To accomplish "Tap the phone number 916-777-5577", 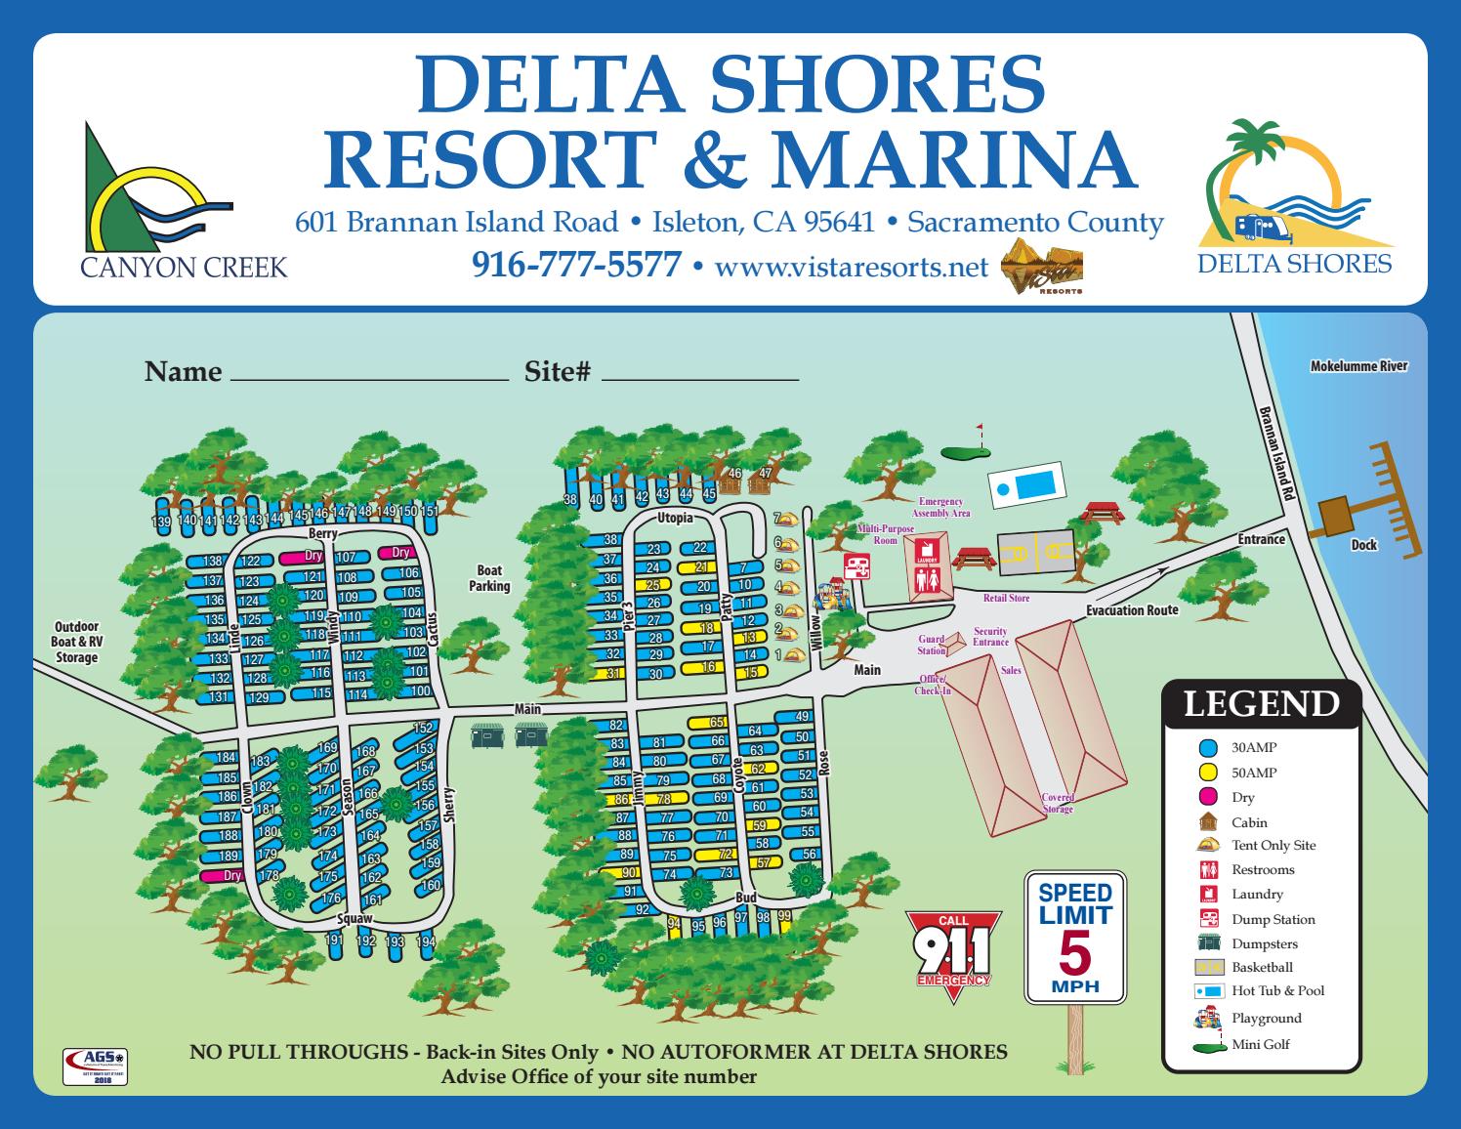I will tap(575, 265).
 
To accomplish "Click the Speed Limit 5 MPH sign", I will tap(1074, 938).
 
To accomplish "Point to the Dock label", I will tap(1364, 545).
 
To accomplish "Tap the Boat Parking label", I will tap(489, 578).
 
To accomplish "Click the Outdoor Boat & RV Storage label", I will tap(76, 643).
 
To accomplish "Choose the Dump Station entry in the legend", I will tap(1273, 919).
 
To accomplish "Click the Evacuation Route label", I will tap(1132, 610).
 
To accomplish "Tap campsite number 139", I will tap(162, 523).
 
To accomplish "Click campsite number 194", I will tap(425, 942).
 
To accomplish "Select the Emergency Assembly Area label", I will tap(940, 507).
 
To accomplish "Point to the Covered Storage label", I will tap(1058, 803).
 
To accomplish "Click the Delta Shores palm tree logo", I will tap(1294, 195).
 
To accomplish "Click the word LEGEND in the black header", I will tap(1261, 704).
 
